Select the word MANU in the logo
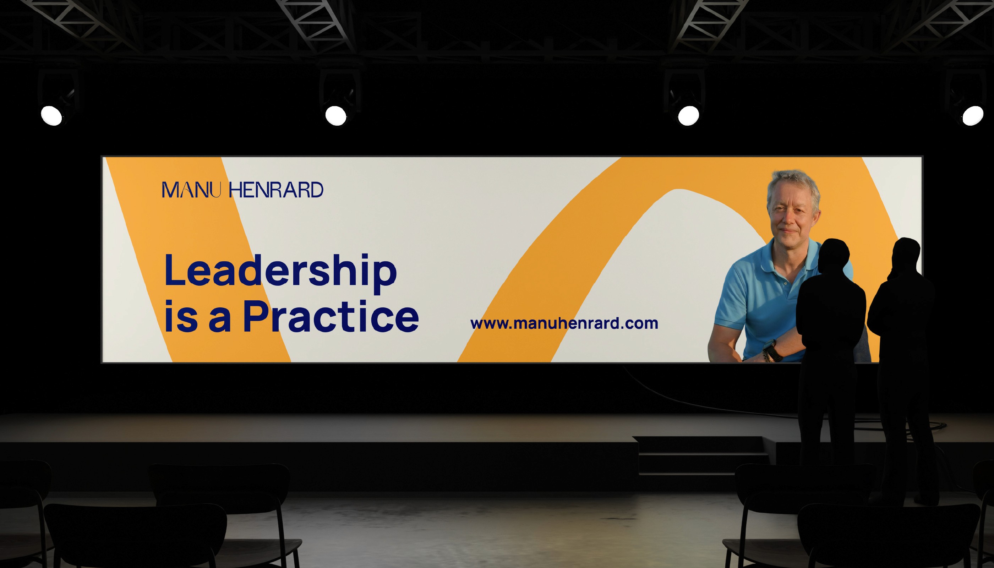192,190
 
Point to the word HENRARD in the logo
276,190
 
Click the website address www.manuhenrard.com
564,323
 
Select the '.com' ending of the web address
639,324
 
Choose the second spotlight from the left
335,115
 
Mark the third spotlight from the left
689,115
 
